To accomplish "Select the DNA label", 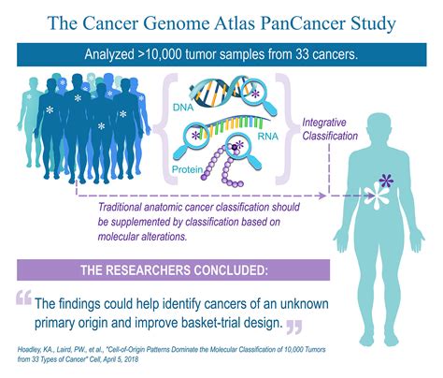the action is point(183,108).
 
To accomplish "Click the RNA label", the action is point(268,137).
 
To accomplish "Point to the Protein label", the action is point(187,169).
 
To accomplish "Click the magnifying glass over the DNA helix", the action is point(259,96).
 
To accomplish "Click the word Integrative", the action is point(324,123).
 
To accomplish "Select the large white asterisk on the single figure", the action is point(377,196).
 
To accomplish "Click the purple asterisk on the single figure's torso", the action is point(386,181).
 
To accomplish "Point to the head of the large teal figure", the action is point(379,129).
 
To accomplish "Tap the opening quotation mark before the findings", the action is point(23,298).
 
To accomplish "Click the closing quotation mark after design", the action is point(294,327).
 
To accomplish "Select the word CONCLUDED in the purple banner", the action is point(230,270).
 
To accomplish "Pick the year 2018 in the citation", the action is point(131,359).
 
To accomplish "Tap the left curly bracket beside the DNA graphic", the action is point(166,128).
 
